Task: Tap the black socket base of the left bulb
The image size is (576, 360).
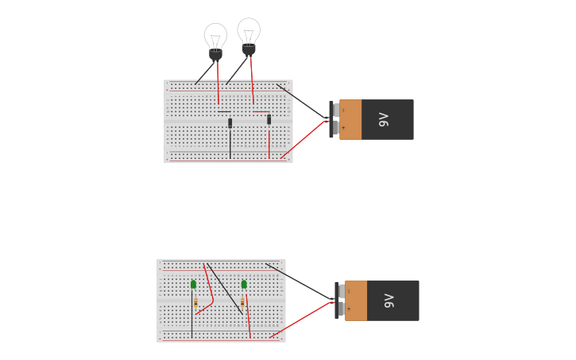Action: pos(215,55)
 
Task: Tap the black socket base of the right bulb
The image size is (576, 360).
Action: pos(249,49)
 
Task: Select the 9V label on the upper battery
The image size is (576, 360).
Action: pos(384,119)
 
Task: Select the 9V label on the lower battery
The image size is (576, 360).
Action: pos(389,300)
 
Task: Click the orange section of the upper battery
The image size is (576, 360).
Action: pos(350,119)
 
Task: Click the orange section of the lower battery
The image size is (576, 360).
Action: pos(356,300)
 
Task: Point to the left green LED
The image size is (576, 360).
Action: pos(193,285)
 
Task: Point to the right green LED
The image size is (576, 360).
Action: pos(244,285)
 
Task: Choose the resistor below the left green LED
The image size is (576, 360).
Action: pos(195,303)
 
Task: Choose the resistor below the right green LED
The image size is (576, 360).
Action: pos(242,303)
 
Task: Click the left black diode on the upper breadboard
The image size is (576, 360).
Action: pos(230,123)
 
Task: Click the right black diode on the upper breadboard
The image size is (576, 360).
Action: pos(269,120)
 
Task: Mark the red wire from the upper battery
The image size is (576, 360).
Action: pos(302,140)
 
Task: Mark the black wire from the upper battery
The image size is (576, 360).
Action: pos(302,102)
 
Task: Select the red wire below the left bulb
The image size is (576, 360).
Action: pos(218,83)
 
